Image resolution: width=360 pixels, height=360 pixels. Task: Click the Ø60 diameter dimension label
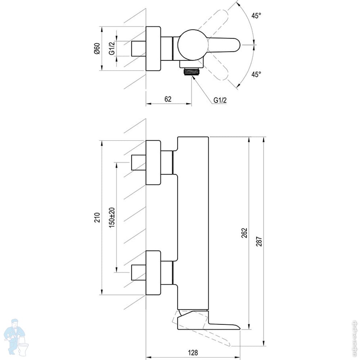point(97,49)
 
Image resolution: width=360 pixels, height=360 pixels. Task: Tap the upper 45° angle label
point(256,16)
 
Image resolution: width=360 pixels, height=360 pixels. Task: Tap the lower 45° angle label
point(256,75)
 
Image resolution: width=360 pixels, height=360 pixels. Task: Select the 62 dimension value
point(168,99)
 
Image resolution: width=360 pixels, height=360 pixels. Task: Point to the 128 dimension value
point(193,352)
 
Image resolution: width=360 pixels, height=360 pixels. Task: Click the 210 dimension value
point(97,217)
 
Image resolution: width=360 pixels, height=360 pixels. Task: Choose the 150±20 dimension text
point(112,217)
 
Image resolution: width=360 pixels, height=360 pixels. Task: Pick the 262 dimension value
point(244,233)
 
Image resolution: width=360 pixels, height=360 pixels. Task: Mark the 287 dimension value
point(259,242)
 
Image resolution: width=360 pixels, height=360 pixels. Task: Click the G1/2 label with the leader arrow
point(220,100)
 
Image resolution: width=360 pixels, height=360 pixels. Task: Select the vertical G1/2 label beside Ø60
point(112,49)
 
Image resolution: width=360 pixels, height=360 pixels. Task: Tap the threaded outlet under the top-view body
point(192,72)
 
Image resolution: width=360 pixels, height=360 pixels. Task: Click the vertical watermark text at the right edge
point(356,338)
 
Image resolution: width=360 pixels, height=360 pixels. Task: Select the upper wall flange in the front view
point(153,163)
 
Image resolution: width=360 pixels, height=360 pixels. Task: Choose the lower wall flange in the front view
point(153,273)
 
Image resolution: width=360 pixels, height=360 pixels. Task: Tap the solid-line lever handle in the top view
point(224,45)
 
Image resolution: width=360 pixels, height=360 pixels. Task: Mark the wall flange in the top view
point(153,49)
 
